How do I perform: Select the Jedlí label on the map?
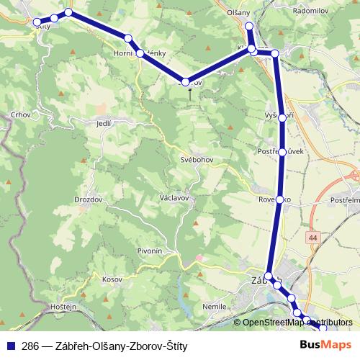pyautogui.click(x=104, y=124)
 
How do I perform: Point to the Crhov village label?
pyautogui.click(x=20, y=114)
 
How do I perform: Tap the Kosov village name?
pyautogui.click(x=114, y=278)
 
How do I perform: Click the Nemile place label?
pyautogui.click(x=215, y=306)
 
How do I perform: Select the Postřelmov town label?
pyautogui.click(x=343, y=197)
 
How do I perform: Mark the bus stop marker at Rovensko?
pyautogui.click(x=279, y=199)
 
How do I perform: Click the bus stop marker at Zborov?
pyautogui.click(x=186, y=83)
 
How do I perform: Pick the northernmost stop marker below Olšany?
pyautogui.click(x=249, y=27)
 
